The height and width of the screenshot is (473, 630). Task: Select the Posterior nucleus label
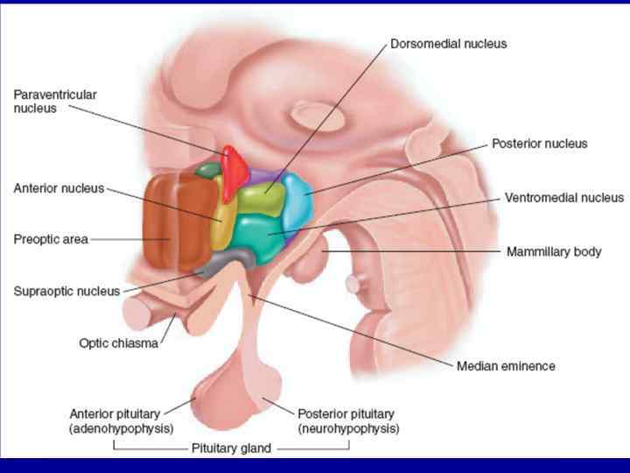pyautogui.click(x=539, y=143)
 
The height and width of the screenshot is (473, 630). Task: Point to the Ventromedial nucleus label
pyautogui.click(x=564, y=198)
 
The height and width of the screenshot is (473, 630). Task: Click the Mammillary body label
pyautogui.click(x=554, y=251)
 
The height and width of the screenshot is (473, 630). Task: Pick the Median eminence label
pyautogui.click(x=506, y=365)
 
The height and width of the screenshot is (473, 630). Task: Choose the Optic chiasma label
pyautogui.click(x=118, y=343)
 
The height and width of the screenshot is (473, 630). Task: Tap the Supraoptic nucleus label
pyautogui.click(x=66, y=291)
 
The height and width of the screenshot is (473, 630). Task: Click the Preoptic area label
pyautogui.click(x=51, y=238)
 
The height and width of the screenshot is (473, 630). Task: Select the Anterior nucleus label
pyautogui.click(x=59, y=187)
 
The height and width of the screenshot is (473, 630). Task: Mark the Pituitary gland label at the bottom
pyautogui.click(x=231, y=448)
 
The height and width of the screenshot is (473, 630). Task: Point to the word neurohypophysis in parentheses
pyautogui.click(x=348, y=429)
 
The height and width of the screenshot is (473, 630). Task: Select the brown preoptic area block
pyautogui.click(x=172, y=221)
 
